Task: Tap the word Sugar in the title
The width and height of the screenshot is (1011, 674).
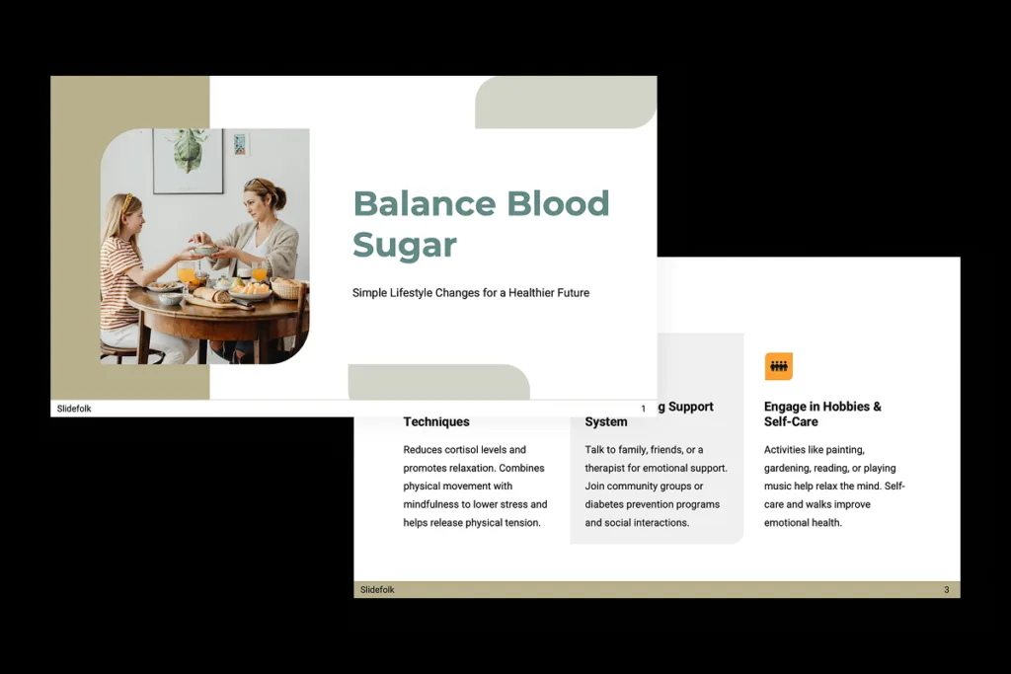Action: click(x=405, y=245)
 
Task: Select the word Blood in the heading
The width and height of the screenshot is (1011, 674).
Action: click(x=558, y=204)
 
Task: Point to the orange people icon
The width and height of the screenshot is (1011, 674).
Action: click(x=779, y=367)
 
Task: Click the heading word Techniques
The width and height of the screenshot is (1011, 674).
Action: click(x=436, y=421)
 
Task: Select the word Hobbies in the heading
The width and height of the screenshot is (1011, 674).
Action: click(x=841, y=407)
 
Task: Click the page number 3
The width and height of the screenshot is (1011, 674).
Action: click(x=946, y=590)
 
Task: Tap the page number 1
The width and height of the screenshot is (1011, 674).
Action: click(x=643, y=409)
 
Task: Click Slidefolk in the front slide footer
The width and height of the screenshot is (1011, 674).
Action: click(x=74, y=409)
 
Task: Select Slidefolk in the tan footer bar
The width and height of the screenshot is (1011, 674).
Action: click(x=377, y=590)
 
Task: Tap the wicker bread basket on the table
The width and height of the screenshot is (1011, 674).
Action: click(x=285, y=287)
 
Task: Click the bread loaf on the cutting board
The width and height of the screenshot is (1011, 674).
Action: click(x=211, y=294)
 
